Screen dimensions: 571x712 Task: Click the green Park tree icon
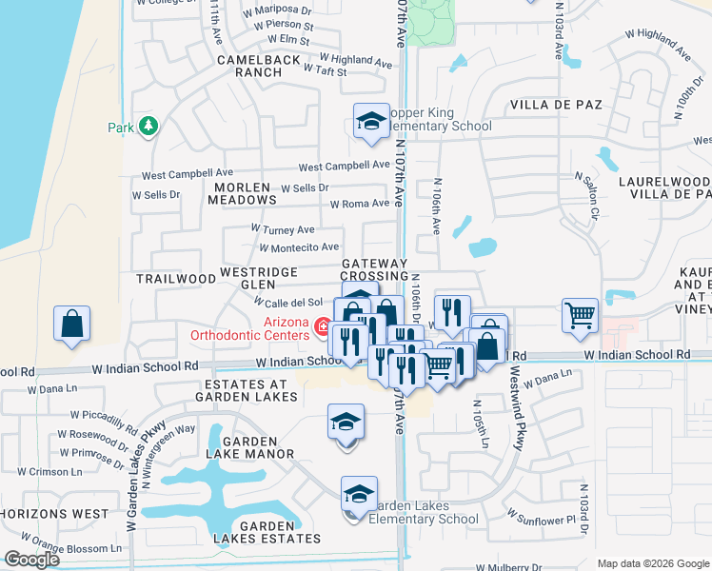[148, 126]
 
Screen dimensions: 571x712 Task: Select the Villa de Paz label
[557, 104]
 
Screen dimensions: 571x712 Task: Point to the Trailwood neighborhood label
[176, 279]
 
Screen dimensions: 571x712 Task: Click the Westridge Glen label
[260, 277]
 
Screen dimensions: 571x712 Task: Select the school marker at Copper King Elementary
[371, 121]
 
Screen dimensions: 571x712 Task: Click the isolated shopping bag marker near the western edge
[72, 324]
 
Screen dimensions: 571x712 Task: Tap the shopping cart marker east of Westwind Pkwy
[580, 315]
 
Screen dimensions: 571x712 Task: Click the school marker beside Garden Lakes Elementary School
[359, 495]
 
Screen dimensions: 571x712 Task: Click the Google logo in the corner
[32, 560]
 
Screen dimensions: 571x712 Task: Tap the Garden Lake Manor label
[250, 447]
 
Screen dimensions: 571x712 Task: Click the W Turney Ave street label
[283, 229]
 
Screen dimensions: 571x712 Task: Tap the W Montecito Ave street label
[300, 247]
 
